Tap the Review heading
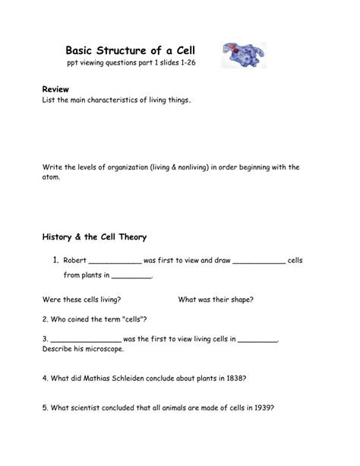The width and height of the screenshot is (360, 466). coord(55,90)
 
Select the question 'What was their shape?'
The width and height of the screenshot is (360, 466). coord(216,300)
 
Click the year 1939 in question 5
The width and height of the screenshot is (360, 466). coord(259,407)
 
